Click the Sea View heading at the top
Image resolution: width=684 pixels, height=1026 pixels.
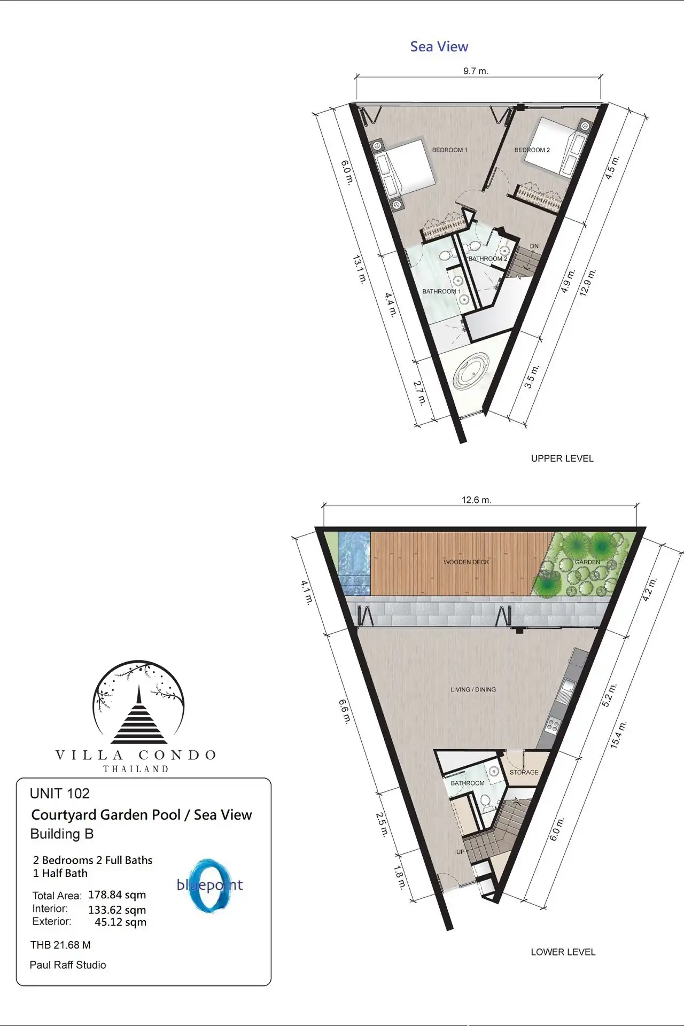pyautogui.click(x=439, y=47)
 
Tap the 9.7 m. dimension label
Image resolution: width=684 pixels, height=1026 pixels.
pyautogui.click(x=476, y=71)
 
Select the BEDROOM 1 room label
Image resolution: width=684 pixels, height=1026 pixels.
pyautogui.click(x=449, y=150)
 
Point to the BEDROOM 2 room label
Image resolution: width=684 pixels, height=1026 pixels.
pyautogui.click(x=532, y=150)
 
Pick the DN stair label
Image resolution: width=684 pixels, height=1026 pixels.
pyautogui.click(x=534, y=246)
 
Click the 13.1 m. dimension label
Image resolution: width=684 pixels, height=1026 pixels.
pyautogui.click(x=360, y=269)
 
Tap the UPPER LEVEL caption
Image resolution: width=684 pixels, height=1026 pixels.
pyautogui.click(x=562, y=458)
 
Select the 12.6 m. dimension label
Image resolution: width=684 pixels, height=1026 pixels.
pyautogui.click(x=476, y=500)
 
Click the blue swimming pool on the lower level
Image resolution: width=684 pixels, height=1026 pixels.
pyautogui.click(x=354, y=563)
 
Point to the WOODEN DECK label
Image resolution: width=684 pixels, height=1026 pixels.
pyautogui.click(x=466, y=562)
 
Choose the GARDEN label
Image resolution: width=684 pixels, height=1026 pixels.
pyautogui.click(x=587, y=562)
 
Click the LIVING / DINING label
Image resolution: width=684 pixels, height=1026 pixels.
pyautogui.click(x=473, y=690)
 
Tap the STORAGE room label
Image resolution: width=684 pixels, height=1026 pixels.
pyautogui.click(x=524, y=772)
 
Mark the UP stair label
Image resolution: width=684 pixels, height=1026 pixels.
pyautogui.click(x=460, y=852)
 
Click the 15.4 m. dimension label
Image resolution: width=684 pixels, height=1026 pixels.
pyautogui.click(x=618, y=735)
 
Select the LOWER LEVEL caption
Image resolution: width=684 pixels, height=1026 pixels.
pyautogui.click(x=563, y=952)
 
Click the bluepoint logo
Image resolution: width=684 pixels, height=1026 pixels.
pyautogui.click(x=210, y=885)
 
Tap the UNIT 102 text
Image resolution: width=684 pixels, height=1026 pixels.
pyautogui.click(x=60, y=794)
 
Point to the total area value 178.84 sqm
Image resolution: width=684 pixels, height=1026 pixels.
pyautogui.click(x=117, y=895)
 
